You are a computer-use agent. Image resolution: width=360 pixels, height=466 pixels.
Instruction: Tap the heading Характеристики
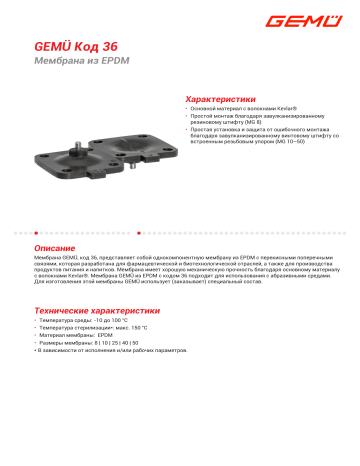(215, 100)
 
